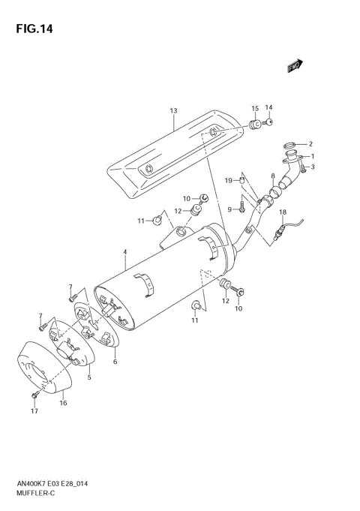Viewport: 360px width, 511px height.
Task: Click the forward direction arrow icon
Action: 294,67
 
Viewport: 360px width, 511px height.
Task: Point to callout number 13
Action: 173,112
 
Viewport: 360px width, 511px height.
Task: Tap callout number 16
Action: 64,403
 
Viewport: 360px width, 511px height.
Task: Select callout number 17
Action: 34,412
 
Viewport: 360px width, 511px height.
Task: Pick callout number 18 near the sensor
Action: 283,212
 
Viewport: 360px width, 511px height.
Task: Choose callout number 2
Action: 310,144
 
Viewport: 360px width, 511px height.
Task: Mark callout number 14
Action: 268,107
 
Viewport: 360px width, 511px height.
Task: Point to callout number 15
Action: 255,109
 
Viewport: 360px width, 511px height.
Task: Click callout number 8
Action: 273,175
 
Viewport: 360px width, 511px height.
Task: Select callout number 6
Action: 115,362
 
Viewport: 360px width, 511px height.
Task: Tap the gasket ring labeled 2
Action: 289,145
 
